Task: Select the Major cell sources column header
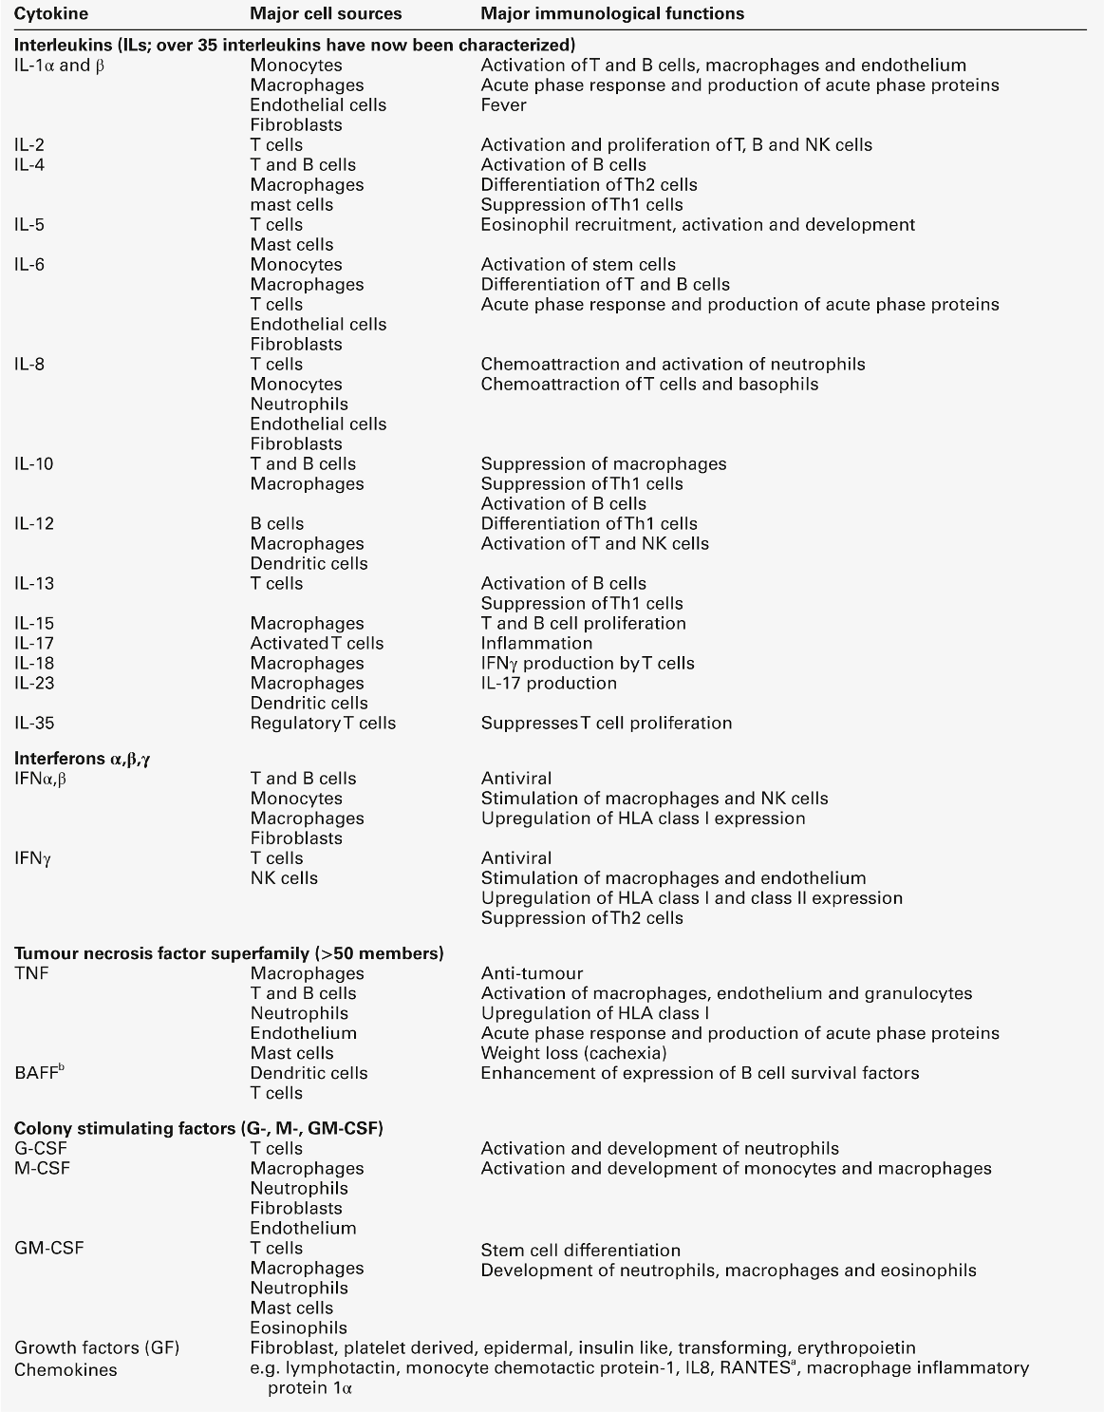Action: [x=326, y=13]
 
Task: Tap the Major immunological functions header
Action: [x=612, y=13]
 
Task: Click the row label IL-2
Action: [x=29, y=145]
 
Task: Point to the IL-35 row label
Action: [x=34, y=724]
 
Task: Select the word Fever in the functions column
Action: [x=503, y=105]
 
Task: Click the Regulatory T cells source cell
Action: [x=323, y=724]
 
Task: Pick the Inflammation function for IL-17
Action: [x=536, y=644]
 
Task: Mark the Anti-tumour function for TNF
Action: [x=532, y=973]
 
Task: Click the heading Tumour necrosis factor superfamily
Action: [x=228, y=953]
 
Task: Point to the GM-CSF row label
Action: [x=49, y=1248]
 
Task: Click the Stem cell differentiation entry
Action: [x=580, y=1251]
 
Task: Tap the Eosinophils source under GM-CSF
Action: [x=298, y=1327]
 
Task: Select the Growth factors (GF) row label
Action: [x=97, y=1348]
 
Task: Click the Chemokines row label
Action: [x=65, y=1369]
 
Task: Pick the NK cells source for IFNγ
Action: [x=284, y=878]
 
